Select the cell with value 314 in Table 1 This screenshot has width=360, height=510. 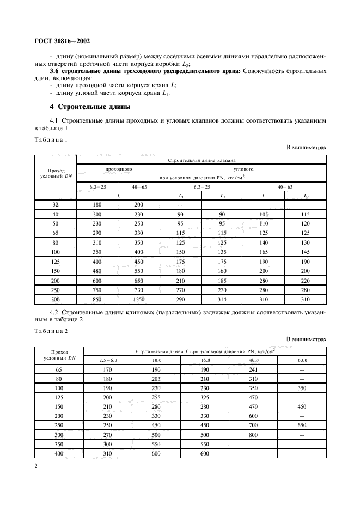tap(222, 299)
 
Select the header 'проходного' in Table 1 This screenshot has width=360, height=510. tap(118, 169)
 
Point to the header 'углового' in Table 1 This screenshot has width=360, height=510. tap(242, 169)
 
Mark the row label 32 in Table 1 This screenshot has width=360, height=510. tap(56, 204)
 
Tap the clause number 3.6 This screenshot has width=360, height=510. tap(55, 71)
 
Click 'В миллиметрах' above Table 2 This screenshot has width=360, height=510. tap(306, 339)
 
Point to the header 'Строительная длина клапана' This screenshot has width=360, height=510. tap(201, 160)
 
